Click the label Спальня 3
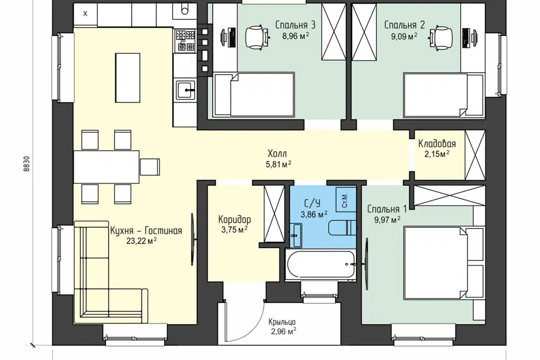tap(295, 25)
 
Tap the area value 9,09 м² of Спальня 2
tap(404, 36)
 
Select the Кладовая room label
tap(437, 143)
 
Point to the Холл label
tap(277, 154)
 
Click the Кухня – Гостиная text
tap(146, 231)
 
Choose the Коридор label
tap(235, 219)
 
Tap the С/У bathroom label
tap(312, 202)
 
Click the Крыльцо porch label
tap(282, 322)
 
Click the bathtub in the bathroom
tap(321, 264)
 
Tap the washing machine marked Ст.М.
tap(346, 200)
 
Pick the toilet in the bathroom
tap(343, 227)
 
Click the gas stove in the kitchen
tap(185, 40)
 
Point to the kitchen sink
tap(186, 89)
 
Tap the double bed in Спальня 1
tap(444, 263)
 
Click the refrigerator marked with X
tap(85, 14)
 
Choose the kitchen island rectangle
tap(128, 78)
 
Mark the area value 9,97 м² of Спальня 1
tap(388, 219)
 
